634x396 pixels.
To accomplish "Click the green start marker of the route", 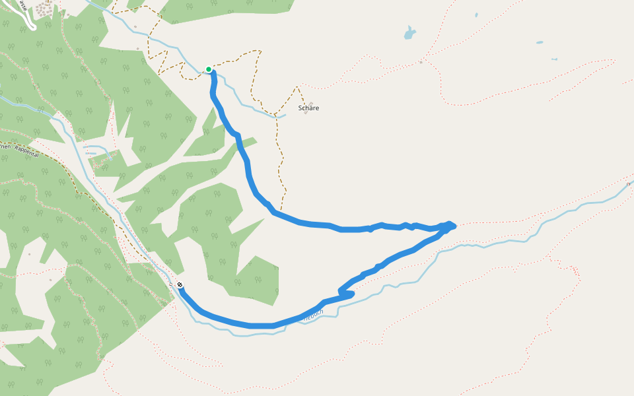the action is click(x=209, y=69).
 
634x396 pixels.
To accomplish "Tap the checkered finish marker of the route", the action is click(x=180, y=285).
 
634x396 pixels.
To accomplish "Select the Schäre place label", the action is click(x=308, y=108).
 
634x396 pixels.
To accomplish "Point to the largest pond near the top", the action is click(x=410, y=32).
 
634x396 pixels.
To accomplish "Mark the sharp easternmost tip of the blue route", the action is click(x=454, y=226).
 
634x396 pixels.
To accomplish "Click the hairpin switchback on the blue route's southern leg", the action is click(x=341, y=291).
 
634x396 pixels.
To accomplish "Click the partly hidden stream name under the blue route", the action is click(x=313, y=317).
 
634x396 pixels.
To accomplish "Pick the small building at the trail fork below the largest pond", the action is click(x=421, y=62).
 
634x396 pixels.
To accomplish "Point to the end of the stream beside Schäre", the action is click(x=285, y=116).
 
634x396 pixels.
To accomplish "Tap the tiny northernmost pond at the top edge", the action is click(x=475, y=14).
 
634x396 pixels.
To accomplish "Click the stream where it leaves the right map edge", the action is click(x=631, y=182).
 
